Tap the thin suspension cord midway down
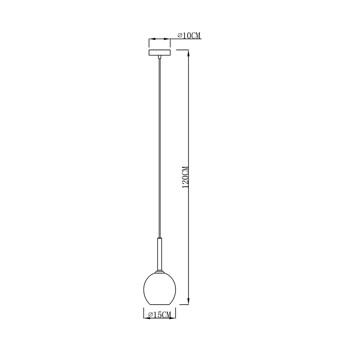click(159, 148)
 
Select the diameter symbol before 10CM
click(180, 35)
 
